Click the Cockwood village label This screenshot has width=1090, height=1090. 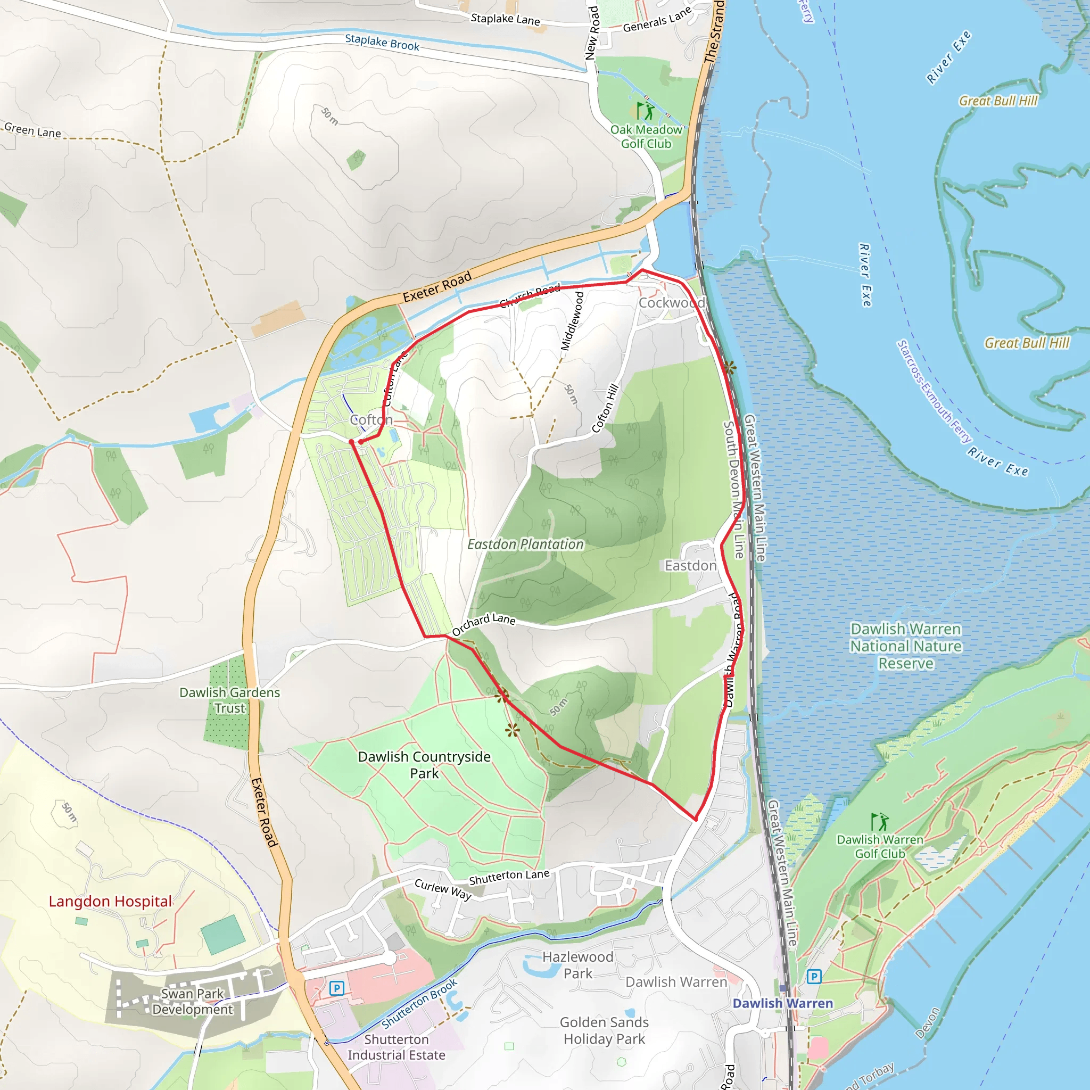[x=671, y=303]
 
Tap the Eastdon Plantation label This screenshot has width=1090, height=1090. [x=525, y=544]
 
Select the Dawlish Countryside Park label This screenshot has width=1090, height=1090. [x=424, y=764]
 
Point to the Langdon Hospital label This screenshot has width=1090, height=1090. [x=110, y=902]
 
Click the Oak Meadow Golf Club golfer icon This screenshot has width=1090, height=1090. [x=646, y=111]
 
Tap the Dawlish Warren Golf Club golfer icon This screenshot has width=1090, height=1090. [x=879, y=822]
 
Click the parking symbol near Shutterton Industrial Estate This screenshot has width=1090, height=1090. [x=336, y=988]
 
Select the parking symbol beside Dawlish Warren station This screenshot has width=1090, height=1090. [x=814, y=977]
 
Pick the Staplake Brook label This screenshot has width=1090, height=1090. [x=382, y=43]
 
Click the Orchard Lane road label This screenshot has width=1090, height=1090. [x=483, y=623]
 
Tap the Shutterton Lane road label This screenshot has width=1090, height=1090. [x=509, y=877]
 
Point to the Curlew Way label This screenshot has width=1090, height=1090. [x=443, y=889]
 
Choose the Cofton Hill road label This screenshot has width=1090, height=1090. [x=605, y=408]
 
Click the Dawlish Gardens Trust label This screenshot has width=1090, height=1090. [x=229, y=700]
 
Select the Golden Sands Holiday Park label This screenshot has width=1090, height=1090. [x=604, y=1030]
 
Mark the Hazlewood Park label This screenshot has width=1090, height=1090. [x=577, y=965]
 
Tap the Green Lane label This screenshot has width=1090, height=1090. [x=32, y=131]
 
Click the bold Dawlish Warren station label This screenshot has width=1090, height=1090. [x=782, y=1003]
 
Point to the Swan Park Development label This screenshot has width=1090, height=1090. [x=192, y=1002]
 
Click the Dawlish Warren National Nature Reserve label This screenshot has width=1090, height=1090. [x=905, y=646]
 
